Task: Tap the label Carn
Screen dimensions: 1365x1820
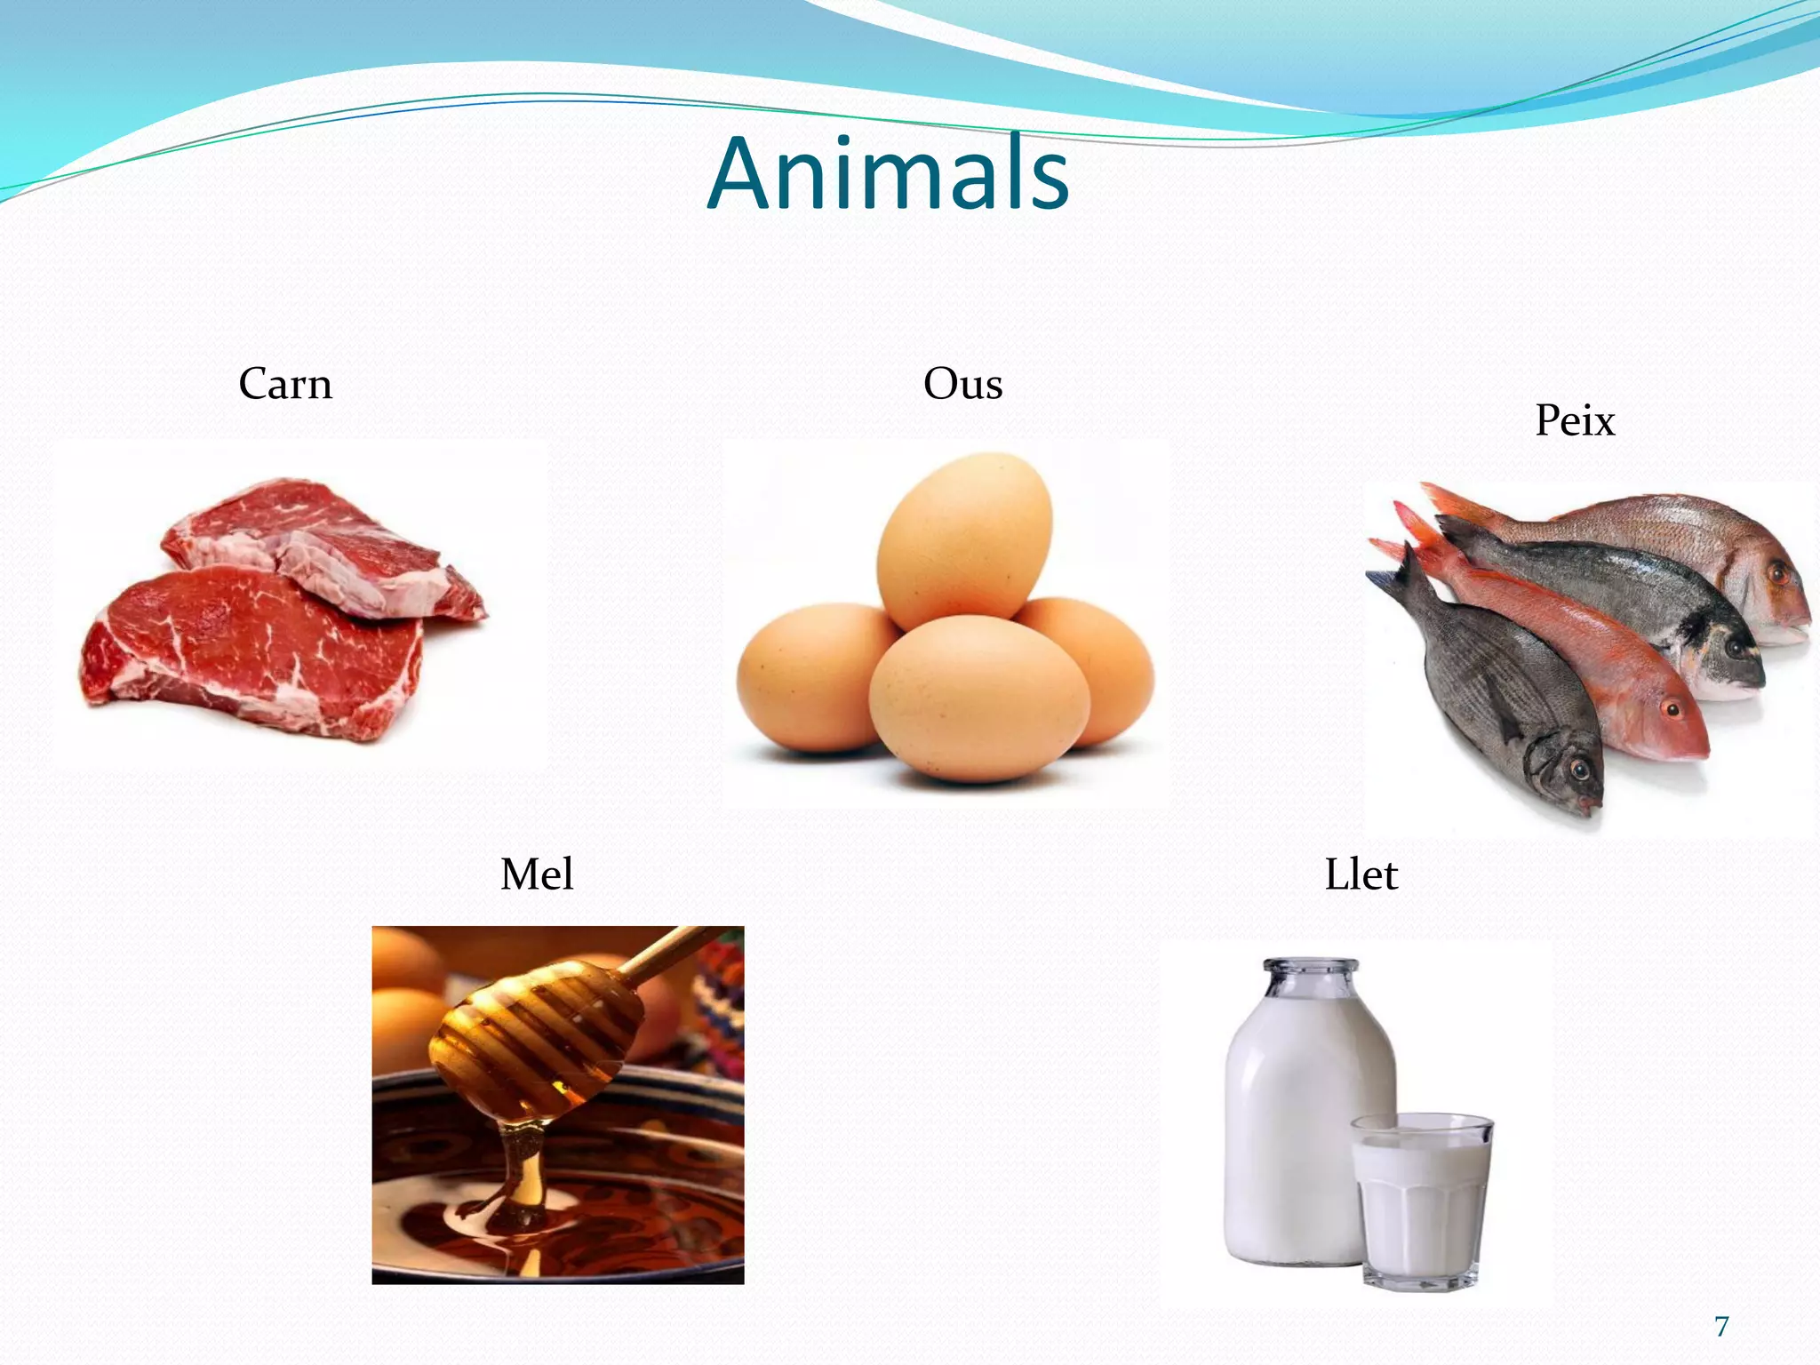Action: coord(285,384)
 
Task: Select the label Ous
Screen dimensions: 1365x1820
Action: coord(962,384)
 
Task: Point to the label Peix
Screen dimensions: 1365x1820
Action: coord(1575,420)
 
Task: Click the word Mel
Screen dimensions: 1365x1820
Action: coord(537,874)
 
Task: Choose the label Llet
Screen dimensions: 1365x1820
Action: coord(1361,874)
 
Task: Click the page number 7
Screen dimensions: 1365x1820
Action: coord(1721,1327)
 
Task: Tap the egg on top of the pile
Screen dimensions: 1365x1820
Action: coord(965,538)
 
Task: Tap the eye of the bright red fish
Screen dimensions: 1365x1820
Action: coord(1672,709)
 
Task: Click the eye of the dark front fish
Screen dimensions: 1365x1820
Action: coord(1579,766)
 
